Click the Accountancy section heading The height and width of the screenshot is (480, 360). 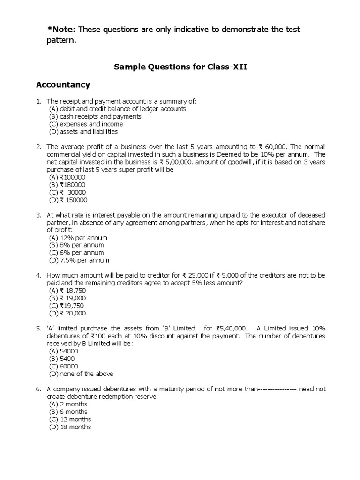pos(63,85)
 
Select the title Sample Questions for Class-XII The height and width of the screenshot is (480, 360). pos(180,67)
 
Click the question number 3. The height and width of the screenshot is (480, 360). pos(39,215)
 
